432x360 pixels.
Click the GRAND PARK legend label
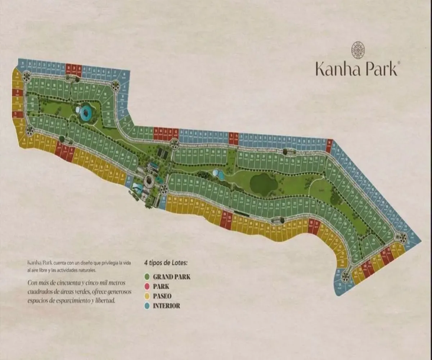tap(171, 277)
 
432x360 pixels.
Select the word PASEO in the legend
tap(162, 296)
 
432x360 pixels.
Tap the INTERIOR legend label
tap(166, 306)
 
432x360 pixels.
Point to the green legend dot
tap(147, 277)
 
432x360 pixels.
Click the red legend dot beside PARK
tap(147, 287)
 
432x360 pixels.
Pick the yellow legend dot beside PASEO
tap(147, 296)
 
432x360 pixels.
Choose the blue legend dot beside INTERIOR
tap(147, 306)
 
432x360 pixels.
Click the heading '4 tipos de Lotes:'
tap(166, 263)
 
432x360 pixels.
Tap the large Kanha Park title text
tap(356, 68)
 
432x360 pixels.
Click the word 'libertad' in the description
tap(105, 300)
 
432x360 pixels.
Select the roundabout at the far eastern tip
tap(402, 237)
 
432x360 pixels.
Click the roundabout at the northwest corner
tap(27, 76)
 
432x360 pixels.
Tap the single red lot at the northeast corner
tap(329, 146)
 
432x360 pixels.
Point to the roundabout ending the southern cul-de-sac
tap(346, 276)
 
